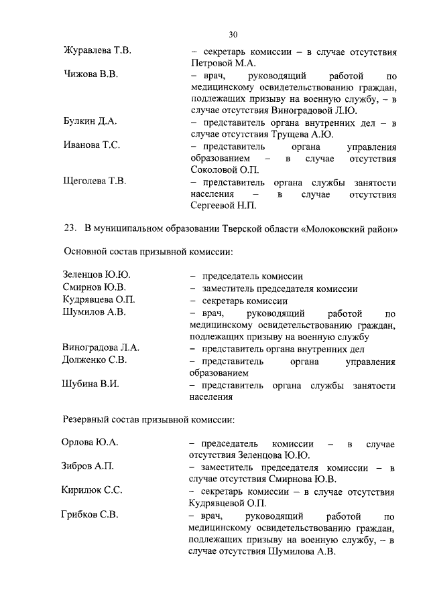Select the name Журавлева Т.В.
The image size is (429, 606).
tap(97, 52)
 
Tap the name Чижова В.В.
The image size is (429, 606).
tap(90, 74)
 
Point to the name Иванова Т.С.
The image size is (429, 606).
tap(92, 145)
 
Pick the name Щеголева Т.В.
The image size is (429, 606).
tap(95, 181)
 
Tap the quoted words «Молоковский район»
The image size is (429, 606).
tap(350, 228)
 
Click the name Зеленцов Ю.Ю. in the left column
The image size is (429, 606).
tap(97, 275)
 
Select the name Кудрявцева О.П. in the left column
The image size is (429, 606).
tap(99, 299)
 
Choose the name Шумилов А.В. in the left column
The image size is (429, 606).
tap(93, 311)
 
